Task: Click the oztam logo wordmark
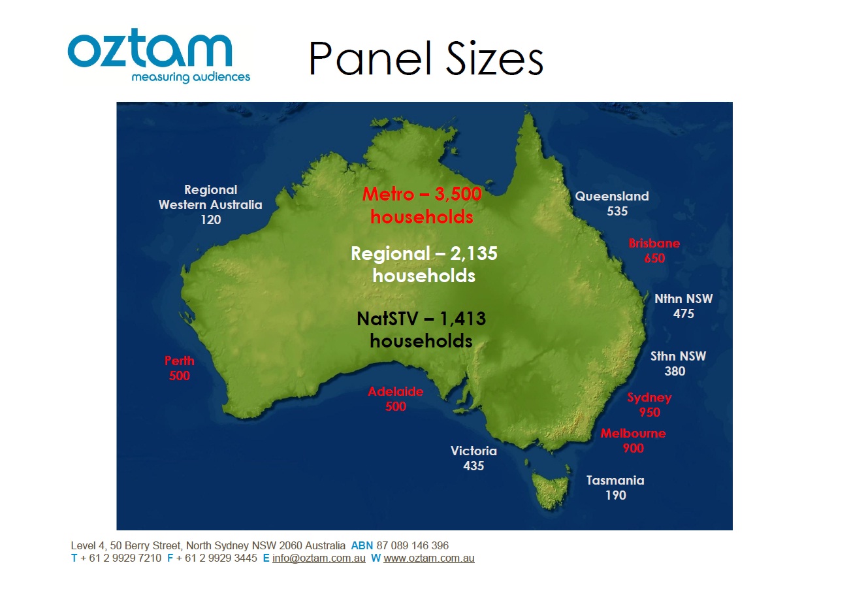click(x=150, y=48)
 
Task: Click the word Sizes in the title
click(x=494, y=59)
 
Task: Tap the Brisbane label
click(x=654, y=243)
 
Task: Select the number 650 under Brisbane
click(x=654, y=259)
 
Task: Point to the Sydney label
click(x=649, y=398)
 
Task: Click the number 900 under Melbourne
click(x=634, y=448)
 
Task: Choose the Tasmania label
click(x=615, y=480)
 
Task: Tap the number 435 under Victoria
click(x=474, y=466)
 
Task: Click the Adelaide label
click(x=396, y=391)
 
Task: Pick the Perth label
click(x=180, y=361)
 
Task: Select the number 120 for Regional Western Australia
click(x=211, y=219)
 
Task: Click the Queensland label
click(x=612, y=196)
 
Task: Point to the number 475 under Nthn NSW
click(x=683, y=314)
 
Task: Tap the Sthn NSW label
click(x=678, y=357)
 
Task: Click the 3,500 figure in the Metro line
click(x=458, y=194)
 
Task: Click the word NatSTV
click(x=387, y=319)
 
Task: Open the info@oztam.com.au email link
click(x=319, y=558)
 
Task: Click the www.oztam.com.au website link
click(x=429, y=558)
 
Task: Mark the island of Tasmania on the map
click(x=551, y=489)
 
